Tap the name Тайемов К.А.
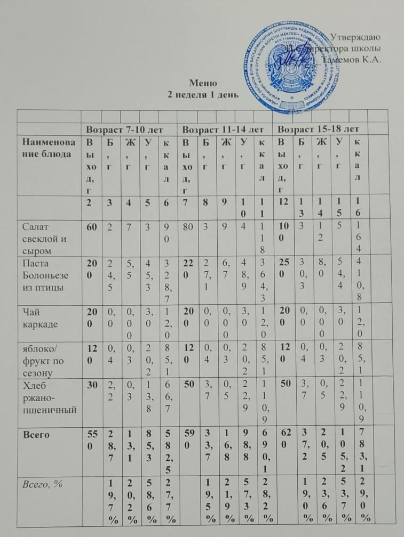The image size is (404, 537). [x=352, y=59]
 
